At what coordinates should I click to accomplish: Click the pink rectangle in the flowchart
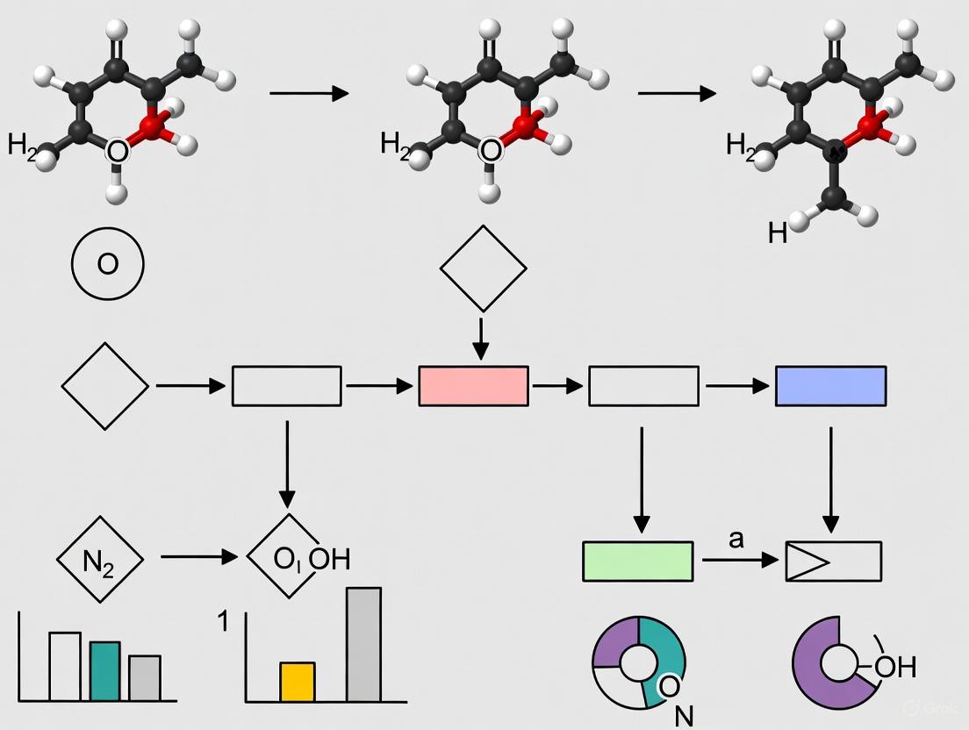pyautogui.click(x=473, y=386)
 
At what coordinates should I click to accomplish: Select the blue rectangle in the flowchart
pyautogui.click(x=830, y=386)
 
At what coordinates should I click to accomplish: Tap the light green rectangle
pyautogui.click(x=637, y=562)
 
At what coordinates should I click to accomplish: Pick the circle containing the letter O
pyautogui.click(x=107, y=264)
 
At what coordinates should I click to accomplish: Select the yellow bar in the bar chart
pyautogui.click(x=298, y=682)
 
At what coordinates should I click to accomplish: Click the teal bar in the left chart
pyautogui.click(x=104, y=671)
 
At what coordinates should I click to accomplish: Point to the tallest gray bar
pyautogui.click(x=363, y=644)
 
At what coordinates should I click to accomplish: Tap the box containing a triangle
pyautogui.click(x=832, y=562)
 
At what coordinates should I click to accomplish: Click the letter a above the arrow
pyautogui.click(x=736, y=539)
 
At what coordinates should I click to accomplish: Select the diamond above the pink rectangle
pyautogui.click(x=483, y=268)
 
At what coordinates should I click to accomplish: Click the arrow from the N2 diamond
pyautogui.click(x=199, y=557)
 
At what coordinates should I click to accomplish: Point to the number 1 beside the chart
pyautogui.click(x=224, y=621)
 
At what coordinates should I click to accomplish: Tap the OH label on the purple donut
pyautogui.click(x=894, y=667)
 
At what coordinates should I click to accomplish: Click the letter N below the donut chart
pyautogui.click(x=684, y=716)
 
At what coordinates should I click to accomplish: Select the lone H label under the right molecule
pyautogui.click(x=777, y=233)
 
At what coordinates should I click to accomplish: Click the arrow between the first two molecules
pyautogui.click(x=309, y=93)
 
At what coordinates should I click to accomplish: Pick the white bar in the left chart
pyautogui.click(x=65, y=666)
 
